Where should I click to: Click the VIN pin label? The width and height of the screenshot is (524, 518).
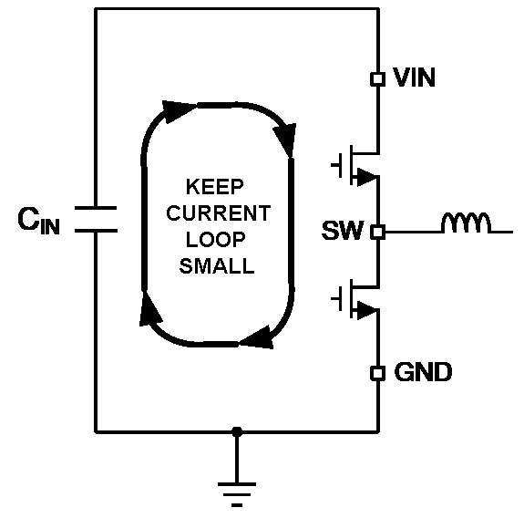coord(414,79)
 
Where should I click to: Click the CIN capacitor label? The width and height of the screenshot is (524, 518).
coord(39,222)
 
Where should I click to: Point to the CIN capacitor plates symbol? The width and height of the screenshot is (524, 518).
coord(96,220)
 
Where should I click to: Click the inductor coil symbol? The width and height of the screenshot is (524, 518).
coord(466,223)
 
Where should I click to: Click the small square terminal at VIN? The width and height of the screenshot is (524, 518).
coord(377,79)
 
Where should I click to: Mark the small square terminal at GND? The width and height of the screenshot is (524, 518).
coord(377,373)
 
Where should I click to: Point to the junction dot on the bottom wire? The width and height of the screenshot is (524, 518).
coord(237,430)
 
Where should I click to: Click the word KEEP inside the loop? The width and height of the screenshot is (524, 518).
coord(215,189)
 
